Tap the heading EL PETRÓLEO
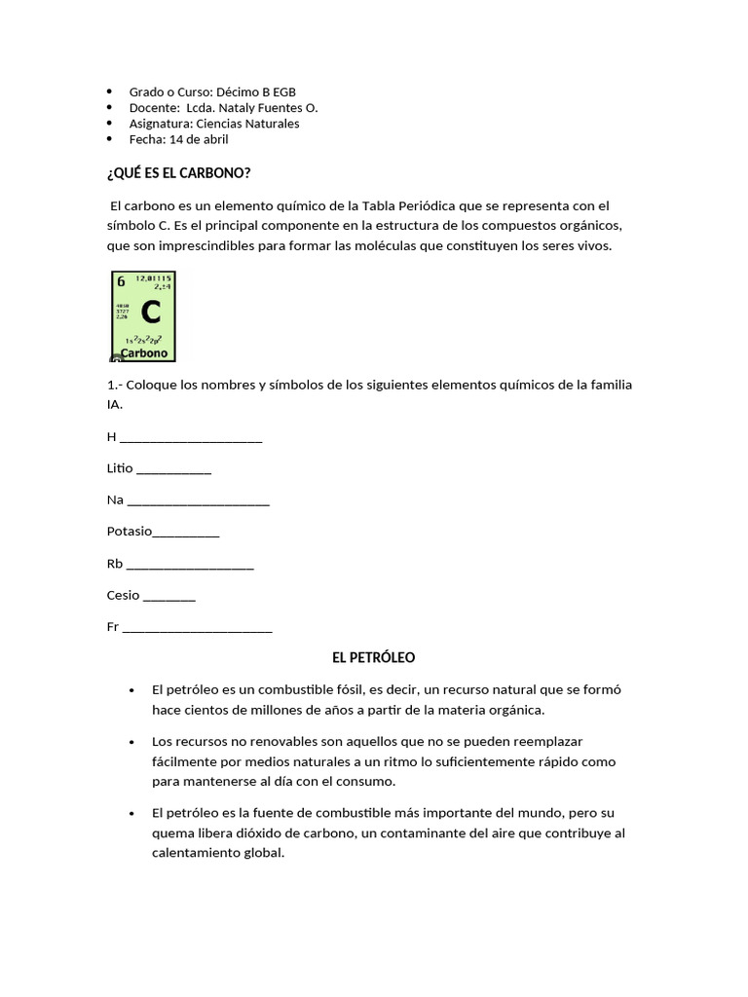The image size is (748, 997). [373, 658]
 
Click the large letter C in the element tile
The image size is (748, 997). [150, 312]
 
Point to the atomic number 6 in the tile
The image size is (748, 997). [121, 281]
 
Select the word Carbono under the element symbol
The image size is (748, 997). [144, 352]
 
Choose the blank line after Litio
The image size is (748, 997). [174, 470]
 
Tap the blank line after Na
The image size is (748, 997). [199, 501]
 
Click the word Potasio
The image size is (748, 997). [130, 532]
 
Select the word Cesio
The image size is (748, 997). [124, 595]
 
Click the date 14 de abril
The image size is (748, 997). [199, 139]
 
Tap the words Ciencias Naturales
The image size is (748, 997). [247, 124]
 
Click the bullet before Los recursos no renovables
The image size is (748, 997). [131, 742]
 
